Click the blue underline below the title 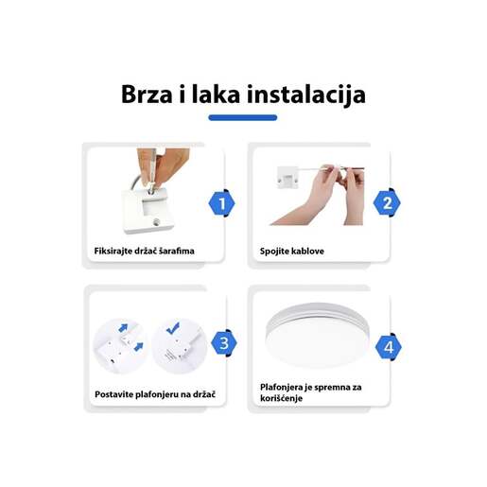coord(242,118)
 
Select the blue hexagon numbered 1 coord(220,201)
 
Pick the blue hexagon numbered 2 coord(386,201)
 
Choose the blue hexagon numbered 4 coord(388,347)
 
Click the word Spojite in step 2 coord(275,252)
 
